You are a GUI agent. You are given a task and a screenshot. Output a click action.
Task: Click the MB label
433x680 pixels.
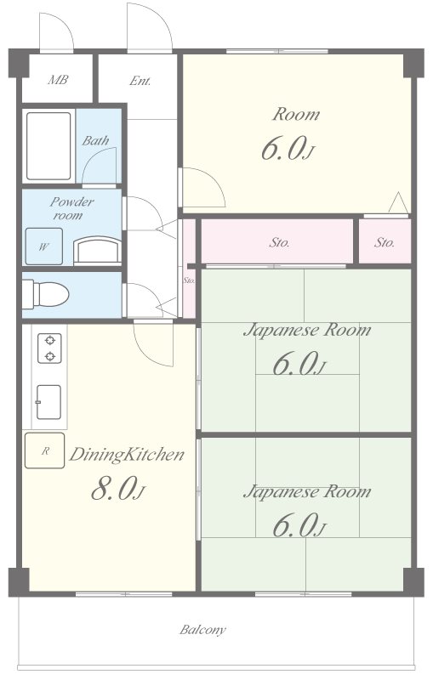(57, 80)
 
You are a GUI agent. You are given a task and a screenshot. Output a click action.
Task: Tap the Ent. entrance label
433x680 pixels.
(140, 81)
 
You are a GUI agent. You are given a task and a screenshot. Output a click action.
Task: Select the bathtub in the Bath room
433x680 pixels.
(48, 146)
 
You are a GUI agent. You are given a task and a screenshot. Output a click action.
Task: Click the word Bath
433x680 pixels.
(95, 140)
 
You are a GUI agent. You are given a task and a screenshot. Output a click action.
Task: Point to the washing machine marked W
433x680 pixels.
(44, 246)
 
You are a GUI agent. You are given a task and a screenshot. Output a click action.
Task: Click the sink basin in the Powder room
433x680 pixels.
(97, 250)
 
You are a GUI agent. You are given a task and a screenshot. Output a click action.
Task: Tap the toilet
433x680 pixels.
(46, 293)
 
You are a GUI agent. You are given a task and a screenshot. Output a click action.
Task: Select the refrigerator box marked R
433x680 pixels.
(45, 450)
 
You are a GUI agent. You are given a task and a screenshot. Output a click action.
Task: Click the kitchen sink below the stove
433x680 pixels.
(48, 402)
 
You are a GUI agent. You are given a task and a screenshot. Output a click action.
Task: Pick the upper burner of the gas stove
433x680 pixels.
(50, 340)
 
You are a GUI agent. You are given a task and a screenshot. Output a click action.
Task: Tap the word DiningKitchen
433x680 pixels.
(127, 455)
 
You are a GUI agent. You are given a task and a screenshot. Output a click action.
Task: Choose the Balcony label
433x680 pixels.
(202, 630)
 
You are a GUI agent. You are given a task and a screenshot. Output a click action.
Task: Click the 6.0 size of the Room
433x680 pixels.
(288, 149)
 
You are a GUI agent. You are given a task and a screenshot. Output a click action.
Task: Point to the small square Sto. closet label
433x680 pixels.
(385, 242)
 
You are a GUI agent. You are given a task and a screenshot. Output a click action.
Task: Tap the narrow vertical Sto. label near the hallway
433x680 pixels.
(189, 280)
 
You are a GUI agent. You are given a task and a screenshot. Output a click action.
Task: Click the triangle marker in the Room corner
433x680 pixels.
(398, 202)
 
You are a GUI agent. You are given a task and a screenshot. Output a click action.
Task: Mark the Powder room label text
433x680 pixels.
(71, 208)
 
